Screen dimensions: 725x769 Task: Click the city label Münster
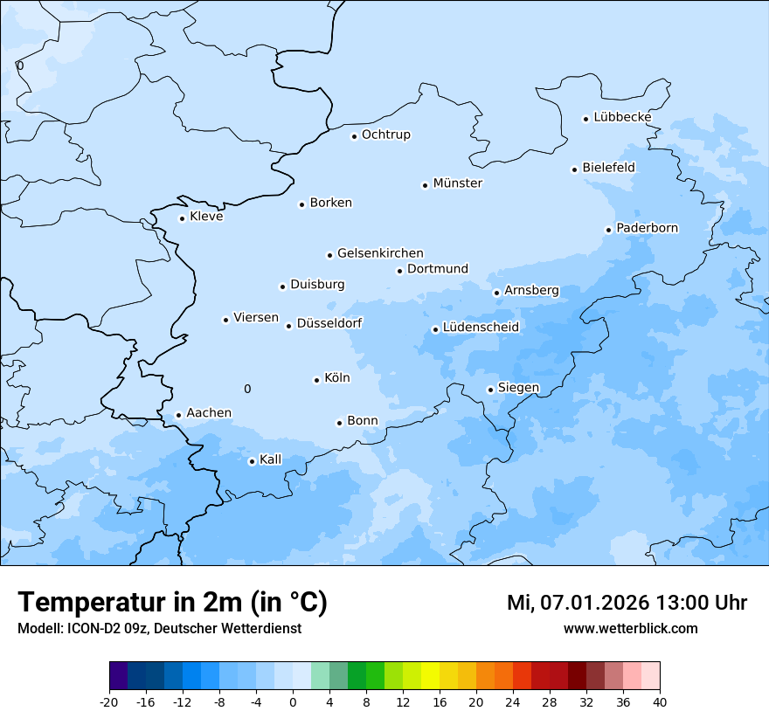point(458,183)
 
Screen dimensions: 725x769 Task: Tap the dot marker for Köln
point(316,380)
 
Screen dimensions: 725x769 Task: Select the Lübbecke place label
point(622,117)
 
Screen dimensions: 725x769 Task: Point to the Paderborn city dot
point(608,230)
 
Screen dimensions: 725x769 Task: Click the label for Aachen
point(209,413)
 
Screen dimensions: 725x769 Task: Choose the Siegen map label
point(518,388)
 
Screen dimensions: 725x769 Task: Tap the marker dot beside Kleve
point(182,218)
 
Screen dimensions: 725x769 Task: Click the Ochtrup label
point(386,135)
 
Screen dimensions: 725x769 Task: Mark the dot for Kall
point(252,461)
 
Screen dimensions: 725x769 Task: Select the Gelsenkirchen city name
point(380,253)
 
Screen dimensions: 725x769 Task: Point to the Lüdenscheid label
point(481,328)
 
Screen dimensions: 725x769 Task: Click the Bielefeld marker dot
point(575,169)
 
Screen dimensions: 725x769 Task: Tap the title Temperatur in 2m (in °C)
point(173,603)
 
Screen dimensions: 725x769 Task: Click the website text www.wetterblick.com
point(630,628)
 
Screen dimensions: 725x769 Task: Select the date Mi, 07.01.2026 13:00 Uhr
point(627,603)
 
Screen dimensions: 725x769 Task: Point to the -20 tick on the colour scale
point(109,701)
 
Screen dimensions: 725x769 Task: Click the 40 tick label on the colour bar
point(660,701)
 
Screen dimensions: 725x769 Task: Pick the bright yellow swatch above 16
point(430,676)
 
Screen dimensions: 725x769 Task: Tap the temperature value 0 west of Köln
point(247,390)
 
